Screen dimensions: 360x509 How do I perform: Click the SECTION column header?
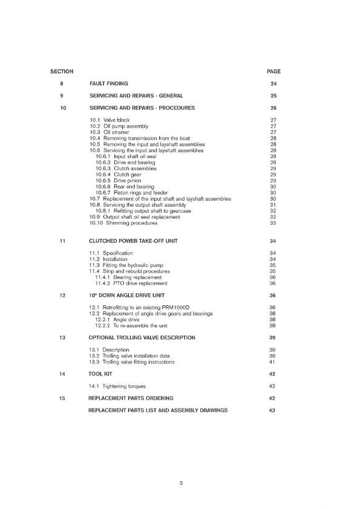click(x=62, y=72)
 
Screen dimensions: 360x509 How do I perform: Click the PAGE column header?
click(x=273, y=72)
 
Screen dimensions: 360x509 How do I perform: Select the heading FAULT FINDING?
click(x=108, y=83)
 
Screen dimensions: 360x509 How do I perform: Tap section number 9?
click(x=62, y=96)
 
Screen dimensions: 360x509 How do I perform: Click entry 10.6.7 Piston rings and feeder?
click(x=128, y=193)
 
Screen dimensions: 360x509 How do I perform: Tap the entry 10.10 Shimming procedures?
click(x=123, y=223)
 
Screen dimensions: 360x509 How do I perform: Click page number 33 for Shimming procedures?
click(x=273, y=223)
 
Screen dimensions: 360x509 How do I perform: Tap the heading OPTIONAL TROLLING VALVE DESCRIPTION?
click(x=150, y=337)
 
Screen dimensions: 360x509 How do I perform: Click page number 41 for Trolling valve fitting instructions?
click(x=273, y=362)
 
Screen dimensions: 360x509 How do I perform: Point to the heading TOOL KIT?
click(x=101, y=374)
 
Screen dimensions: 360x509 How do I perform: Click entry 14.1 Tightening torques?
click(x=117, y=386)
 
